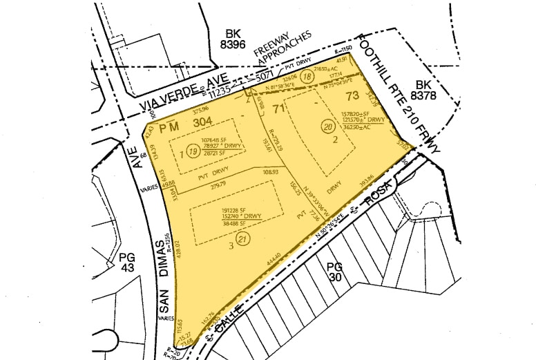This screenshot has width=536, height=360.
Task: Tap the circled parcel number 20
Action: (x=327, y=126)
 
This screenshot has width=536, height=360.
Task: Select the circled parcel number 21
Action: (x=242, y=238)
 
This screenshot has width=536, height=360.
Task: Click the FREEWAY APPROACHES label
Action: (x=283, y=49)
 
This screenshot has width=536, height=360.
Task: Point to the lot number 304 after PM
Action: (x=202, y=122)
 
